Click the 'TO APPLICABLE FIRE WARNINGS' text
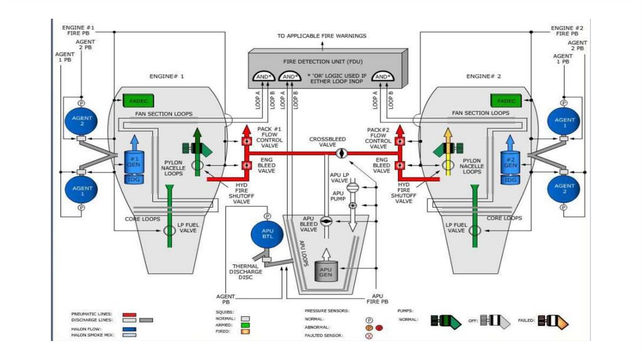[x=322, y=36]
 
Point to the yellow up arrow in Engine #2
[x=448, y=151]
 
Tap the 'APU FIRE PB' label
[x=377, y=299]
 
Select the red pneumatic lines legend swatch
[x=130, y=314]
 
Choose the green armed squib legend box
[x=245, y=325]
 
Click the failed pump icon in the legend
[x=555, y=320]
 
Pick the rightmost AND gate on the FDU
[x=382, y=77]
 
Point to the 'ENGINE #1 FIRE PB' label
[x=78, y=31]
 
